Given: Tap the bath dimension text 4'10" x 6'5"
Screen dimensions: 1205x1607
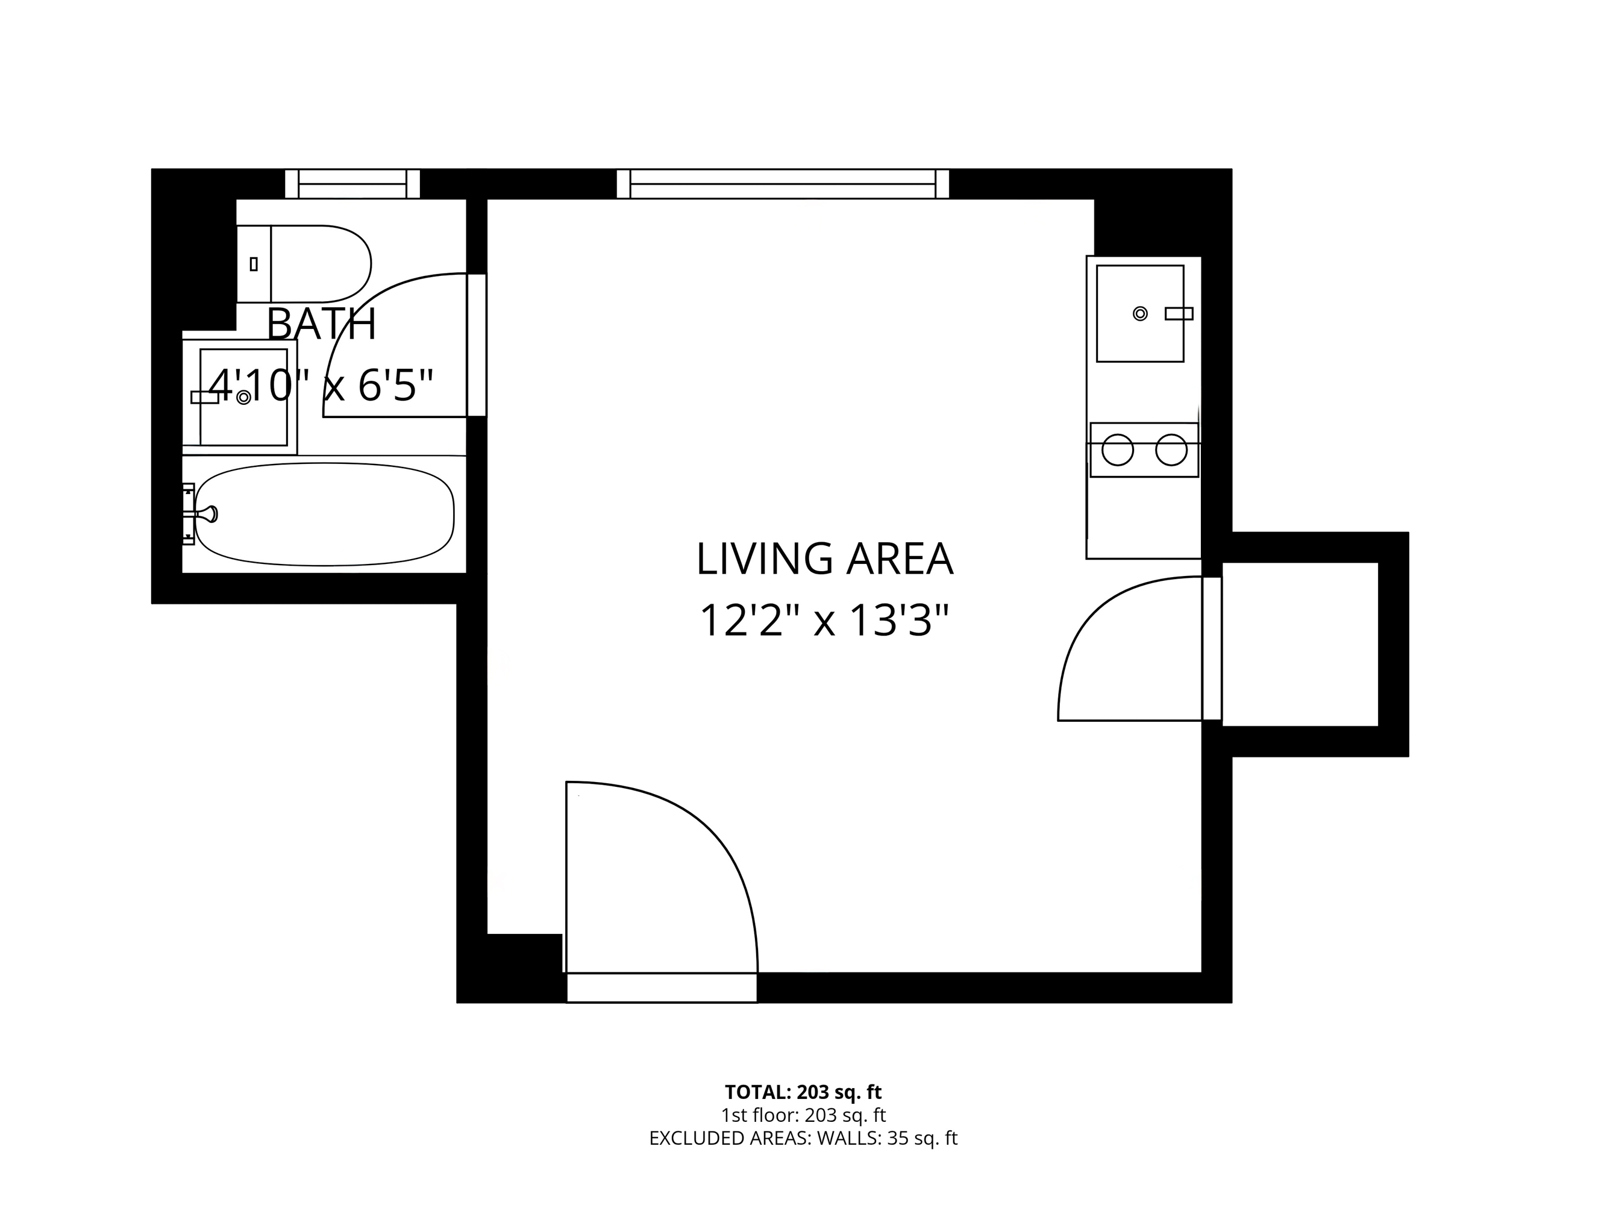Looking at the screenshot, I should tap(321, 385).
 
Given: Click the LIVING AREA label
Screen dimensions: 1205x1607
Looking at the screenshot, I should tap(824, 559).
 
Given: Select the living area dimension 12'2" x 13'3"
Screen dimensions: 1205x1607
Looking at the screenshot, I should tap(824, 621).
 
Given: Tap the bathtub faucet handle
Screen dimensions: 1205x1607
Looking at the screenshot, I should tap(208, 515).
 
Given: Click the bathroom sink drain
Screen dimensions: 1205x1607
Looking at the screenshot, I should tap(244, 397).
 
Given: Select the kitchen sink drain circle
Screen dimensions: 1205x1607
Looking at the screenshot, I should tap(1140, 314).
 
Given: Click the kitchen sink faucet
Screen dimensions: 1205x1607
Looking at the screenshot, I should tap(1179, 314).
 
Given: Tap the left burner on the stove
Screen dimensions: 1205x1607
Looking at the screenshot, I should tap(1117, 450).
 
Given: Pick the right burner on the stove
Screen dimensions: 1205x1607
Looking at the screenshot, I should tap(1171, 450).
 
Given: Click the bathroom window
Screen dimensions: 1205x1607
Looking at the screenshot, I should tap(352, 184).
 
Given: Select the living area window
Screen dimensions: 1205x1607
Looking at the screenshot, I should tap(783, 184).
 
